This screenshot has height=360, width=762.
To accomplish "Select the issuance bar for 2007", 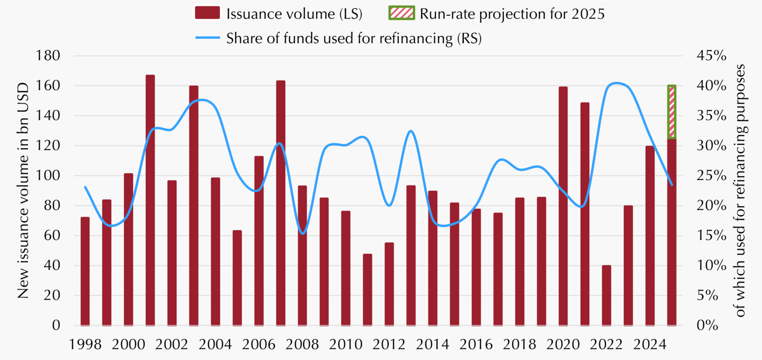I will tap(281, 203).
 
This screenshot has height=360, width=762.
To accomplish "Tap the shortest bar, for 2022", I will tap(607, 295).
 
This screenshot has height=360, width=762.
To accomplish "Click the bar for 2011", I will tap(367, 289).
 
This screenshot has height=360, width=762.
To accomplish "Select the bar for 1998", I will tap(85, 271).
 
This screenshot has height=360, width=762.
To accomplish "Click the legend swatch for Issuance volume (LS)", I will tap(207, 13).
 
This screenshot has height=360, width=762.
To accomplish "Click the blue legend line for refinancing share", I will tap(207, 39).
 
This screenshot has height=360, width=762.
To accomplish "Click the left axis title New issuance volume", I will tap(23, 190).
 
